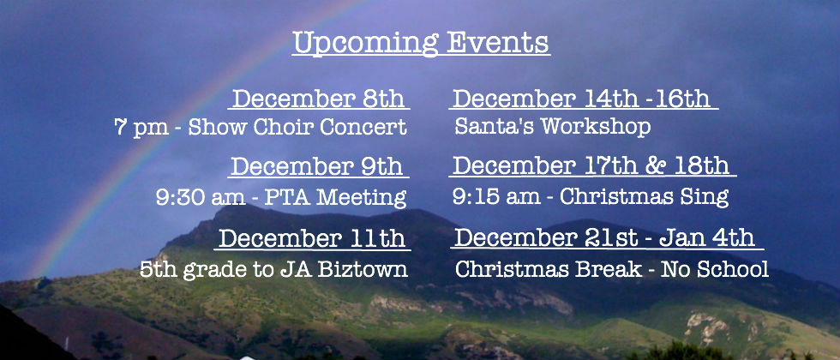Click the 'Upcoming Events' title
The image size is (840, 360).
click(421, 43)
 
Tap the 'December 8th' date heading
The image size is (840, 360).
click(318, 99)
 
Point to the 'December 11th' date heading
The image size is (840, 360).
click(312, 238)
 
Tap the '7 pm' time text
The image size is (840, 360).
click(141, 129)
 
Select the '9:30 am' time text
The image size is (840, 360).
click(201, 198)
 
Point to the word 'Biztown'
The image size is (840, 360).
click(363, 269)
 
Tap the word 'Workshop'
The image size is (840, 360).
click(595, 128)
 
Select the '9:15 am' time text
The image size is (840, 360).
click(496, 196)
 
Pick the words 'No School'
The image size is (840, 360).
click(715, 269)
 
